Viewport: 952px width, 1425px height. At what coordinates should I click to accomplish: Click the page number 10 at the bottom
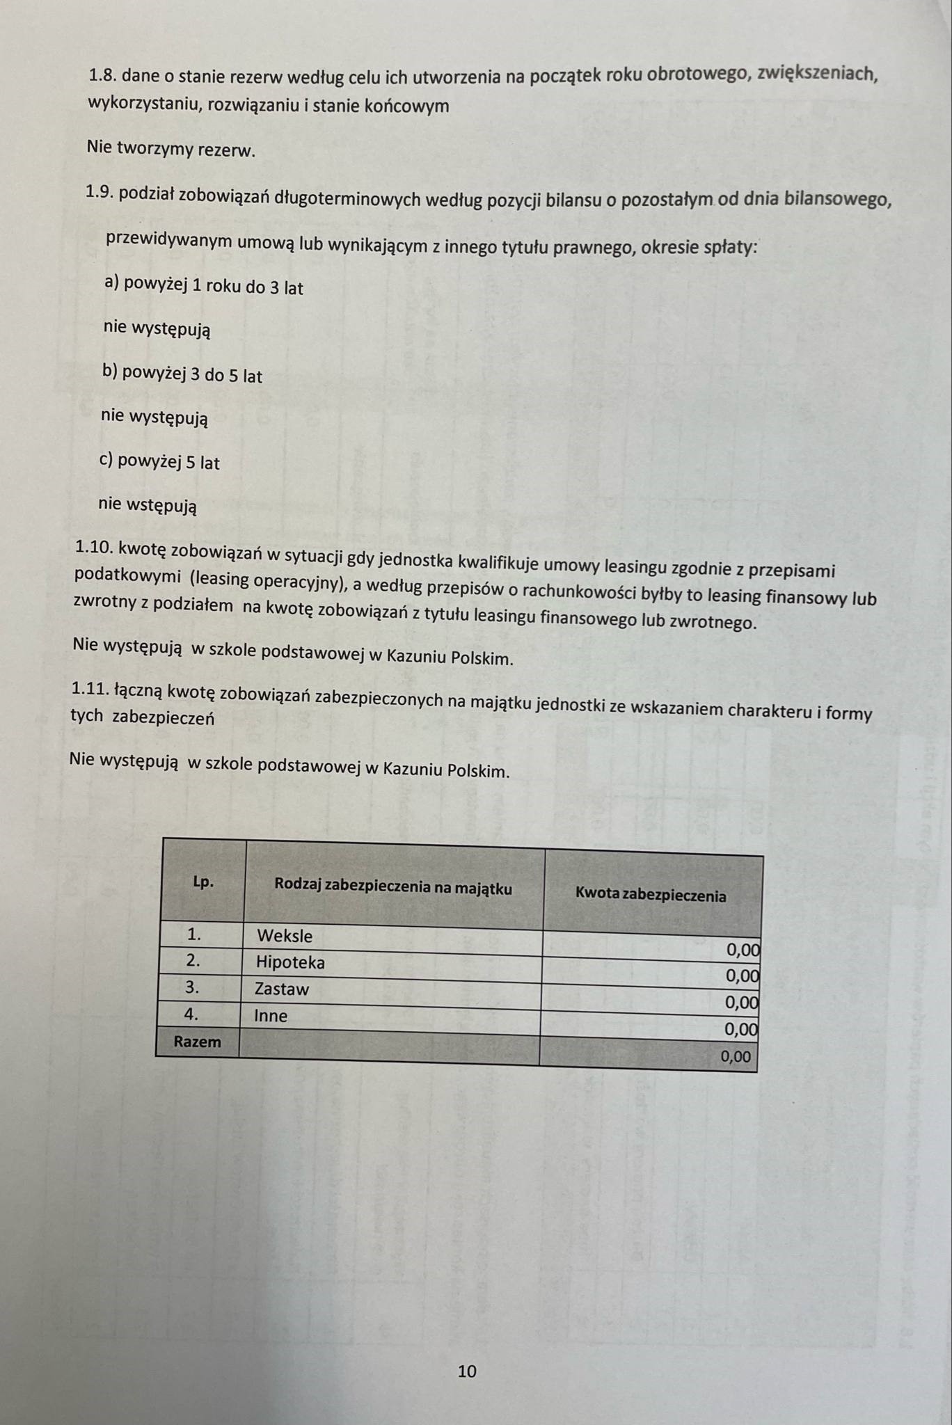click(x=467, y=1371)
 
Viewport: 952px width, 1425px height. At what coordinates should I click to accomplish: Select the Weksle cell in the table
click(x=285, y=936)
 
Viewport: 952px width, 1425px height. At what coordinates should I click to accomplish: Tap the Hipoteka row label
click(x=290, y=962)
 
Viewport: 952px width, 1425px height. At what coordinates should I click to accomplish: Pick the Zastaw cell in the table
click(x=282, y=989)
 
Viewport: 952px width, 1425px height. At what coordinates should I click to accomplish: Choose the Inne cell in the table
click(x=271, y=1016)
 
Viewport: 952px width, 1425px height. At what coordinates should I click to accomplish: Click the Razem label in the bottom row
click(x=197, y=1042)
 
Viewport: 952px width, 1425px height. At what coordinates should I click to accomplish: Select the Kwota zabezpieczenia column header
click(x=651, y=895)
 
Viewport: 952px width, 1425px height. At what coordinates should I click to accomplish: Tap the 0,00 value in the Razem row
click(x=736, y=1056)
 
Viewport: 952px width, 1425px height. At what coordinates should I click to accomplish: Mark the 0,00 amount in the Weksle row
click(x=743, y=950)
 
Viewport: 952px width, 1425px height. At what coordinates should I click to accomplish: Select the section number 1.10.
click(x=95, y=547)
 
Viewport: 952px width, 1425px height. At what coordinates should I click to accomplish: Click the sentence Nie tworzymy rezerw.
click(x=171, y=149)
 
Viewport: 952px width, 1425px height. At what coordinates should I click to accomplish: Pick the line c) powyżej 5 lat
click(x=160, y=462)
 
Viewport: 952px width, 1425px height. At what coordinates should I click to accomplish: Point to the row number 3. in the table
click(x=192, y=987)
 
